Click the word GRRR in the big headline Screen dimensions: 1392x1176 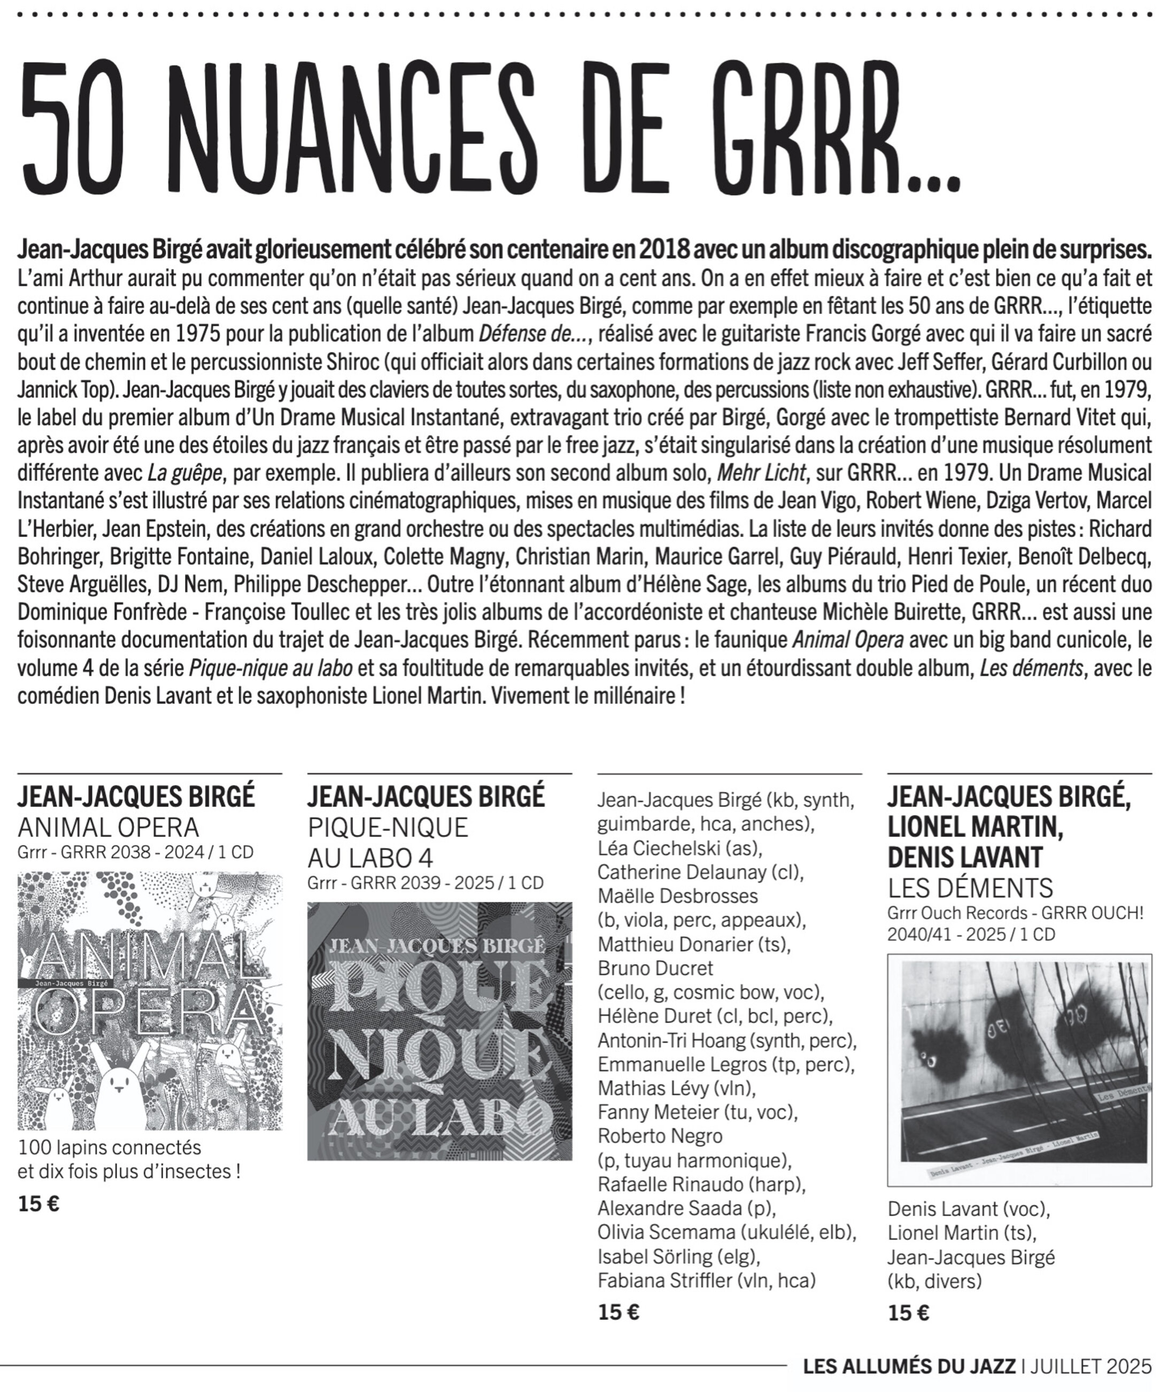(x=807, y=127)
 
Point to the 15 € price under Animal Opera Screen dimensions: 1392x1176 (x=38, y=1204)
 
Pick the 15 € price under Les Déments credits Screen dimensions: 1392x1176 (x=908, y=1313)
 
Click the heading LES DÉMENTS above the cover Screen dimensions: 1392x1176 (x=970, y=888)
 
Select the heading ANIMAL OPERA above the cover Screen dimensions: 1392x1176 (x=108, y=827)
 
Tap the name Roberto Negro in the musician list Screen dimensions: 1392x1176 (x=660, y=1135)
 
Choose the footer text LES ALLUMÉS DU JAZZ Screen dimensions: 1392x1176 (x=909, y=1366)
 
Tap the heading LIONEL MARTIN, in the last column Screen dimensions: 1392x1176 (x=974, y=827)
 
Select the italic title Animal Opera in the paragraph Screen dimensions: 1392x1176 (x=847, y=640)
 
